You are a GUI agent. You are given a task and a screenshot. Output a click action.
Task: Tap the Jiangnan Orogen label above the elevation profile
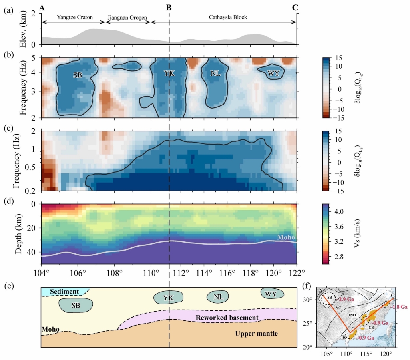(x=126, y=18)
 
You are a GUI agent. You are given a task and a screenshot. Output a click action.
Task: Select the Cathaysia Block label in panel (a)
(x=228, y=18)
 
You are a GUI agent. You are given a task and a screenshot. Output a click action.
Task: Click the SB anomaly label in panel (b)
(x=78, y=74)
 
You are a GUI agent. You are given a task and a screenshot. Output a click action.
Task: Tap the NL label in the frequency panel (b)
(x=216, y=74)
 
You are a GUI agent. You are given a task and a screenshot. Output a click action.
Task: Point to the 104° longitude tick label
(x=41, y=273)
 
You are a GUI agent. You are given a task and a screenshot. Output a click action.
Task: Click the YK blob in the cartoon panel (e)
(x=169, y=298)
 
